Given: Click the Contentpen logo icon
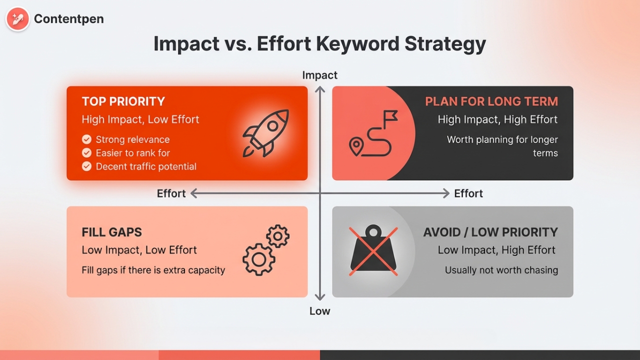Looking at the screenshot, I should (17, 19).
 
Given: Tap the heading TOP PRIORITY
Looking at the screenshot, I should (123, 101).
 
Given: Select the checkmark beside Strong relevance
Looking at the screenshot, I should (87, 139).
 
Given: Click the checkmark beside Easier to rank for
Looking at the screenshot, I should (87, 153).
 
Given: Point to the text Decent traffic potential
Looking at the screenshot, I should (146, 166).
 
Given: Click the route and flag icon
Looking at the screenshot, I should (373, 133).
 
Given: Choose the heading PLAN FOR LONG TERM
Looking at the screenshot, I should (491, 101).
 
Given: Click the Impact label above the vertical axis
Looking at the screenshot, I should (320, 75).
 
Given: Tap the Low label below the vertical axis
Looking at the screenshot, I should (320, 311).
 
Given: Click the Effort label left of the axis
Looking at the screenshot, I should (171, 193).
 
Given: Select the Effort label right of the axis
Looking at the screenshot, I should (468, 193).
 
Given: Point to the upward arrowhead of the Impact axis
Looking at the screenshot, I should (320, 89).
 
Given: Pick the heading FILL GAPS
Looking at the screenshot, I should (111, 232).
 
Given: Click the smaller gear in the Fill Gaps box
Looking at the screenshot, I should (277, 236).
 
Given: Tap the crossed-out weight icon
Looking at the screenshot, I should (373, 251).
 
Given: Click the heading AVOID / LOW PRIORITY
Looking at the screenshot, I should (490, 232).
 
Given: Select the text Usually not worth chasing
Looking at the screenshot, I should (501, 270).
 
